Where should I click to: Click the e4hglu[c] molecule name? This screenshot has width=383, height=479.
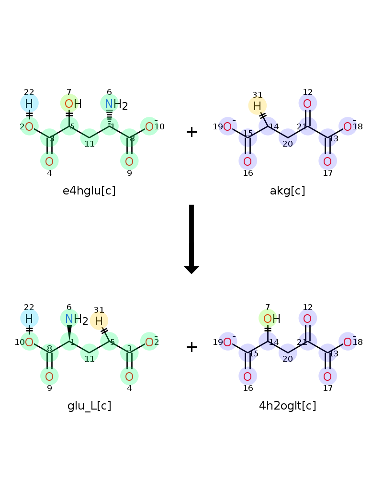[89, 191]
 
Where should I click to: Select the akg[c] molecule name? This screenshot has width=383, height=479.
[287, 191]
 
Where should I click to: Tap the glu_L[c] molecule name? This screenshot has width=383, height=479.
[89, 406]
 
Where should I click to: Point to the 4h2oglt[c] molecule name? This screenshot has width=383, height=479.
[287, 406]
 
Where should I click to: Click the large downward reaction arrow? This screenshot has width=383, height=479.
[191, 239]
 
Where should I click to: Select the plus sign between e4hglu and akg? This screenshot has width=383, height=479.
[191, 132]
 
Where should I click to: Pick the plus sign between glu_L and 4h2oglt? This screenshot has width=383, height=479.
[191, 347]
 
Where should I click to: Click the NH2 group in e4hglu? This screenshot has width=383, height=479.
[116, 104]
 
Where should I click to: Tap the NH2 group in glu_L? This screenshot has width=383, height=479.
[76, 319]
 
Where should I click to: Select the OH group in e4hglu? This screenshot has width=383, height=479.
[73, 104]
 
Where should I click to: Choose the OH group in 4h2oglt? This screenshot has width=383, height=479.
[271, 319]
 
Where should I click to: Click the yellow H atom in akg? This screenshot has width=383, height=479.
[257, 106]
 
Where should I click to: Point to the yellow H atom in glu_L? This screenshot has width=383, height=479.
[99, 321]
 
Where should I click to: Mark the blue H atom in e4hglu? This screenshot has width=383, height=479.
[29, 104]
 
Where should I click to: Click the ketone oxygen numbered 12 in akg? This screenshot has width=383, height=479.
[307, 104]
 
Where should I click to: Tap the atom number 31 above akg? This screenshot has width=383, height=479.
[258, 95]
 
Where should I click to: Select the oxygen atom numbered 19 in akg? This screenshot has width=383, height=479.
[227, 126]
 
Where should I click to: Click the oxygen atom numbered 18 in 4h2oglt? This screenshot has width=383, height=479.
[348, 342]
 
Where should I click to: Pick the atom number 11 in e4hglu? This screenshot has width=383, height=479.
[90, 144]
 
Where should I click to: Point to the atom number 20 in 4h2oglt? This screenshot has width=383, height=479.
[288, 359]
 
